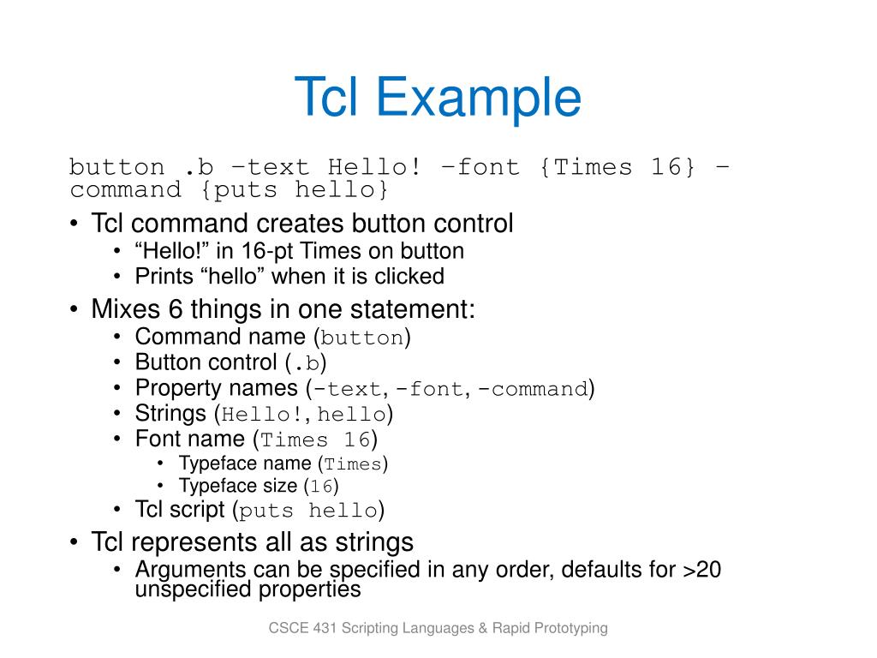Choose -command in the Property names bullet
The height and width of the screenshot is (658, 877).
click(x=533, y=389)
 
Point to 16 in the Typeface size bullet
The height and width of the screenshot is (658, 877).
click(x=321, y=487)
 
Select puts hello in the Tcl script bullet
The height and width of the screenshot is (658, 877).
click(x=308, y=511)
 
